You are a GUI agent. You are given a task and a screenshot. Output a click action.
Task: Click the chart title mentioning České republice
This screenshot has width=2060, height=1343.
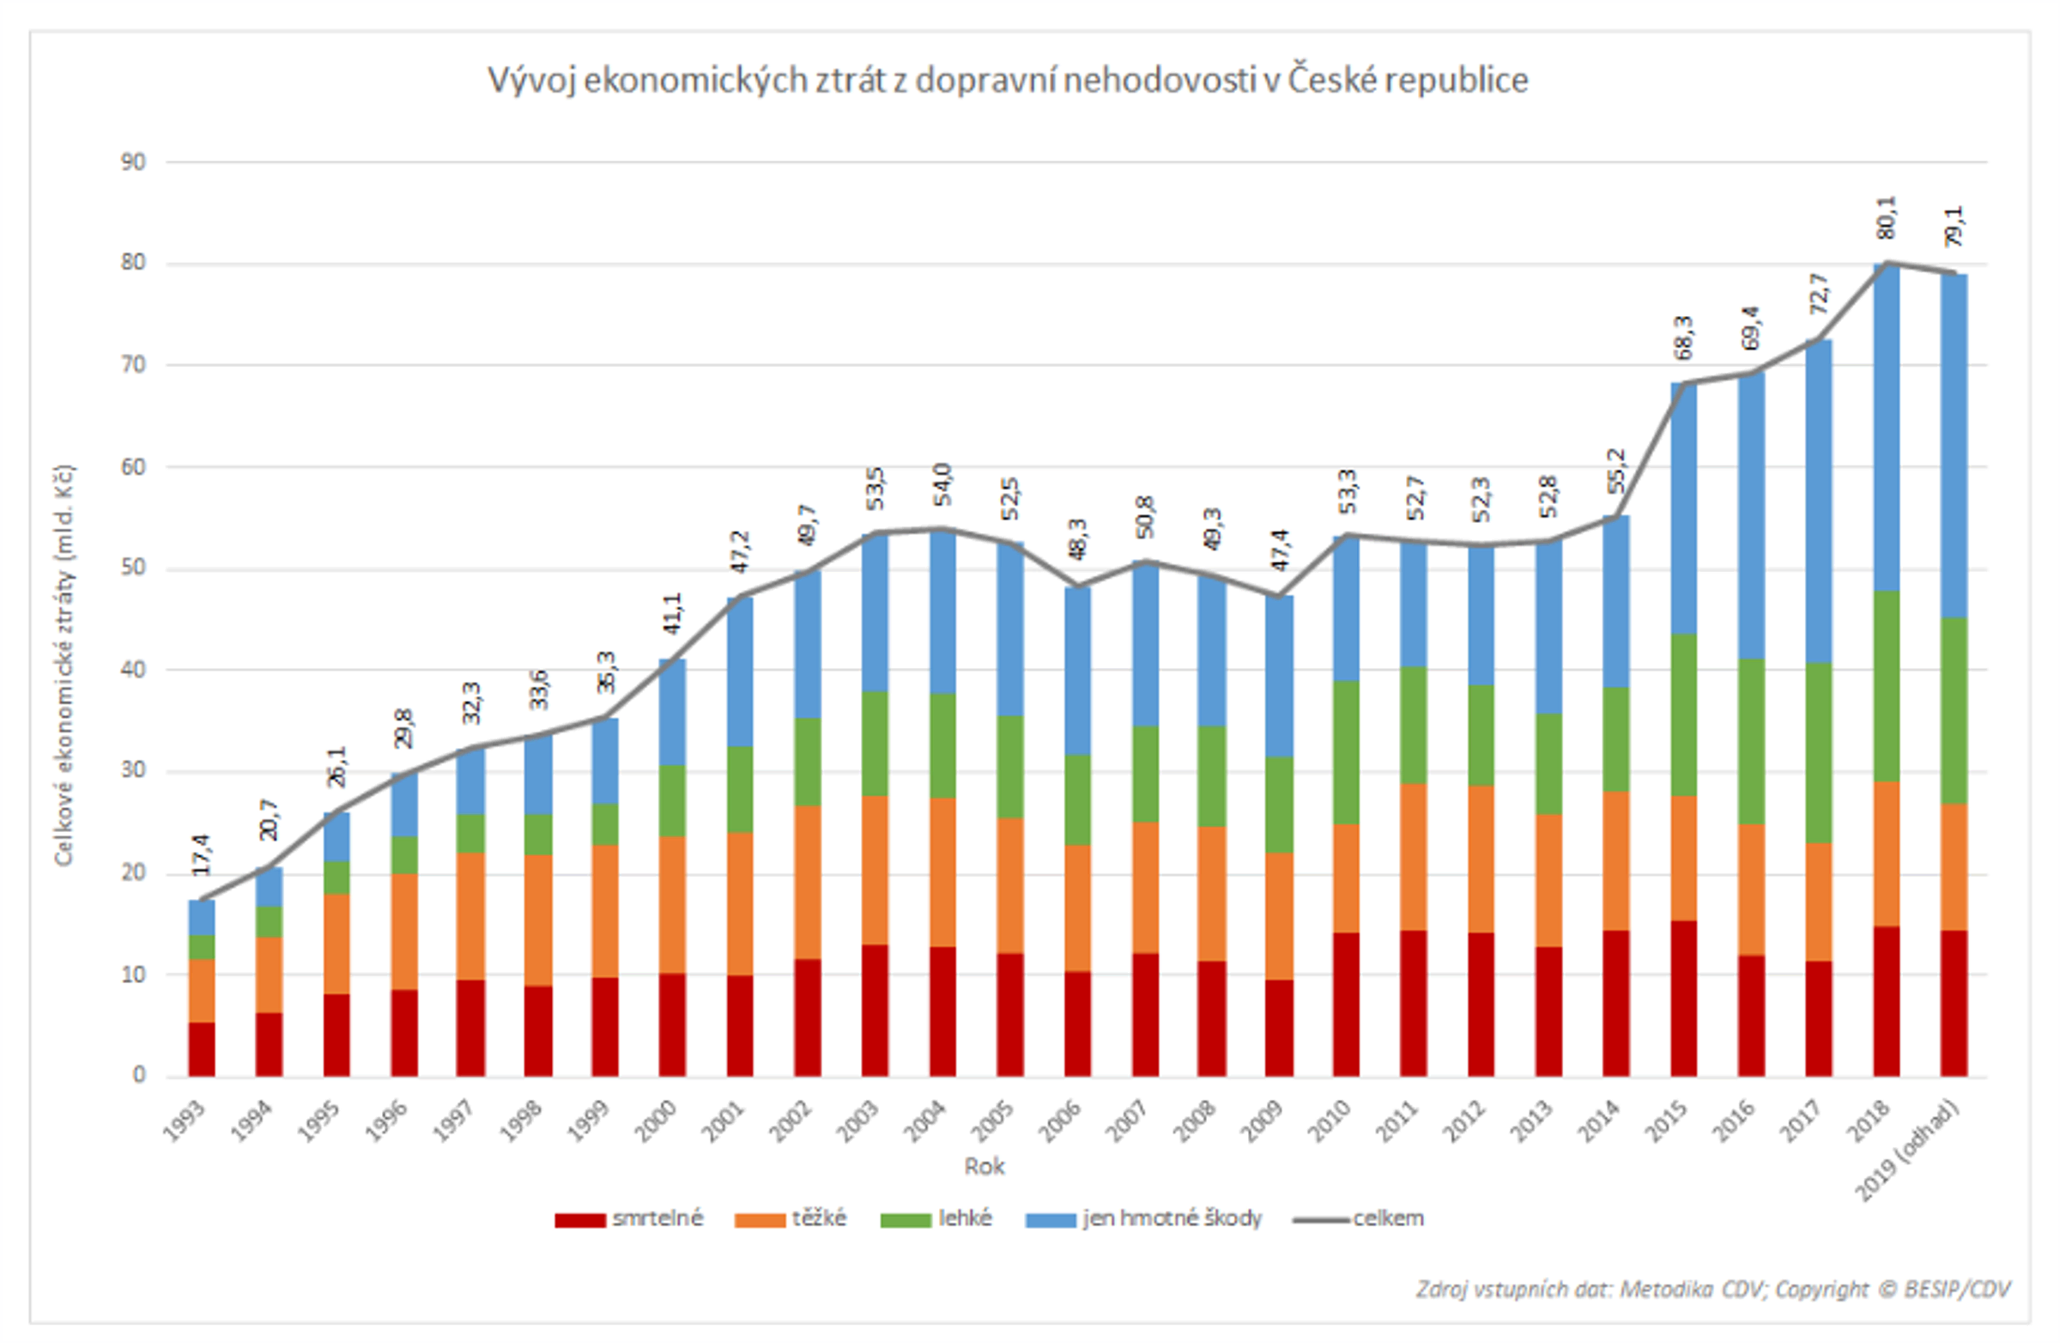[x=1008, y=81]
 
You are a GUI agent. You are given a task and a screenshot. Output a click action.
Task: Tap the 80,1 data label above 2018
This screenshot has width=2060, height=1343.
[x=1886, y=217]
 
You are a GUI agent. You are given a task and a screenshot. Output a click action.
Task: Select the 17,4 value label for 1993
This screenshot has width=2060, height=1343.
[x=201, y=854]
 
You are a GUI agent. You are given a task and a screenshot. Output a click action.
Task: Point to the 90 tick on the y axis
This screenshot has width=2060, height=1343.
[x=133, y=162]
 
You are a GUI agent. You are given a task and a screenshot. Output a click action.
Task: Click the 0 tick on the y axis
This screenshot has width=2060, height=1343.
[x=139, y=1074]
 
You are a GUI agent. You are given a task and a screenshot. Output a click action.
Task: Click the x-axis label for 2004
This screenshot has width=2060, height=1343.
[x=925, y=1121]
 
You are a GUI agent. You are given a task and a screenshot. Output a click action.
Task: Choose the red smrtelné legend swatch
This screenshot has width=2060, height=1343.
[x=580, y=1220]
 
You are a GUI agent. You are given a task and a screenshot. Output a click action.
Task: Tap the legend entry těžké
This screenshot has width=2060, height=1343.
[x=818, y=1218]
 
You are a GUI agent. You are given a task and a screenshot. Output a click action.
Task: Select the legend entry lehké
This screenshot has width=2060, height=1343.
[x=964, y=1218]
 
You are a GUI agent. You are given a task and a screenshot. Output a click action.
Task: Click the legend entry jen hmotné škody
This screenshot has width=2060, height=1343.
[x=1171, y=1218]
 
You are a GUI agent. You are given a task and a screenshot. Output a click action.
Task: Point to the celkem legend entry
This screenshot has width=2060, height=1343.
[x=1387, y=1218]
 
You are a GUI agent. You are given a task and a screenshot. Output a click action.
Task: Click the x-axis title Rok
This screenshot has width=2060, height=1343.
[x=985, y=1166]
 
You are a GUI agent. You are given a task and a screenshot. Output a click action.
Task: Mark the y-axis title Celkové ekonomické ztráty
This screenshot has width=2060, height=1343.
[x=64, y=665]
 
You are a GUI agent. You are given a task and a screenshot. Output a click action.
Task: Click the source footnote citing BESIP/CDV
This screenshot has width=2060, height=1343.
[x=1713, y=1289]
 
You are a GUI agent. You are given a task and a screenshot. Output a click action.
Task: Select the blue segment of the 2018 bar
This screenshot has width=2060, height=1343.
[x=1886, y=427]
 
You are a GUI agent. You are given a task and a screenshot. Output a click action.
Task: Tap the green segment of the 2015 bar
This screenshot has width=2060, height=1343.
[x=1683, y=714]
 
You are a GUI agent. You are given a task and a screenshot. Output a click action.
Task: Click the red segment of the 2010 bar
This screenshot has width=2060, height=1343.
[x=1346, y=1005]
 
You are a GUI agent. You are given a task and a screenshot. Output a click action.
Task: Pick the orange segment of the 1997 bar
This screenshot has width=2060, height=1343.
[x=471, y=916]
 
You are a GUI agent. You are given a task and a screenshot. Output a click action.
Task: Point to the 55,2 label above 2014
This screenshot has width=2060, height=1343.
[x=1616, y=471]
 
